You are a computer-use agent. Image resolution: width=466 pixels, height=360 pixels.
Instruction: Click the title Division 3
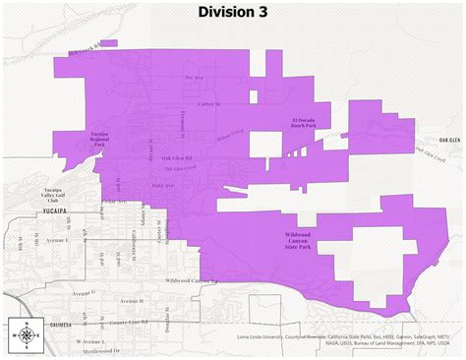coord(233,12)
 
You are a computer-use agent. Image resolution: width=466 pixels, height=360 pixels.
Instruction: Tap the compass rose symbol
coord(23,334)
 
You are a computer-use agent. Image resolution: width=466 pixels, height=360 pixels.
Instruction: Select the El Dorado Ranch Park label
coord(304,123)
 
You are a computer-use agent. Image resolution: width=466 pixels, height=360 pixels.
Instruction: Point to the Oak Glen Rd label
coord(176,157)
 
